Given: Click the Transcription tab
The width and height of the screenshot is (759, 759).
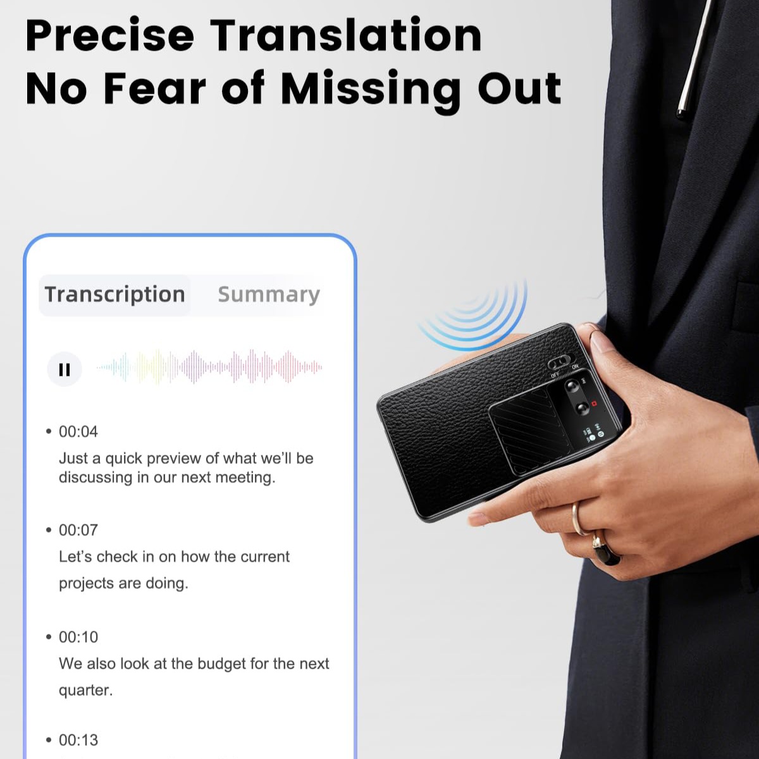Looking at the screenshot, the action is click(x=114, y=295).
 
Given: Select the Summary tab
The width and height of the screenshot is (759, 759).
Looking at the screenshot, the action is click(x=269, y=295).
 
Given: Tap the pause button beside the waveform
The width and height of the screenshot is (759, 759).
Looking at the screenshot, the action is click(x=65, y=369).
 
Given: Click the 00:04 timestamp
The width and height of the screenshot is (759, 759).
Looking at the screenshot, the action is click(x=78, y=432).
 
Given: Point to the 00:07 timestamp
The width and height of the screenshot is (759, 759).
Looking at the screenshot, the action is click(x=78, y=530).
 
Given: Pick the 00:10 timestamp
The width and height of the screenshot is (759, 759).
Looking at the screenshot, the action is click(x=78, y=637).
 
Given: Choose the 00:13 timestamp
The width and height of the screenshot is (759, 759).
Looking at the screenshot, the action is click(x=78, y=740).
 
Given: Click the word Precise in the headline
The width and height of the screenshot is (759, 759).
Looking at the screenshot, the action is click(x=110, y=35).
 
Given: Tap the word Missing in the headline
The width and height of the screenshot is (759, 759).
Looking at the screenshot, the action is click(x=371, y=90).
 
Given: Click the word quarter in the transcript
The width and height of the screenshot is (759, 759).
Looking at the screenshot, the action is click(x=85, y=691).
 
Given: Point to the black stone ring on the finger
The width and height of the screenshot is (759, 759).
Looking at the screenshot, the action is click(x=607, y=548).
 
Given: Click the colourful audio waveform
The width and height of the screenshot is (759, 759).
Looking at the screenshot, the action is click(x=209, y=367).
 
